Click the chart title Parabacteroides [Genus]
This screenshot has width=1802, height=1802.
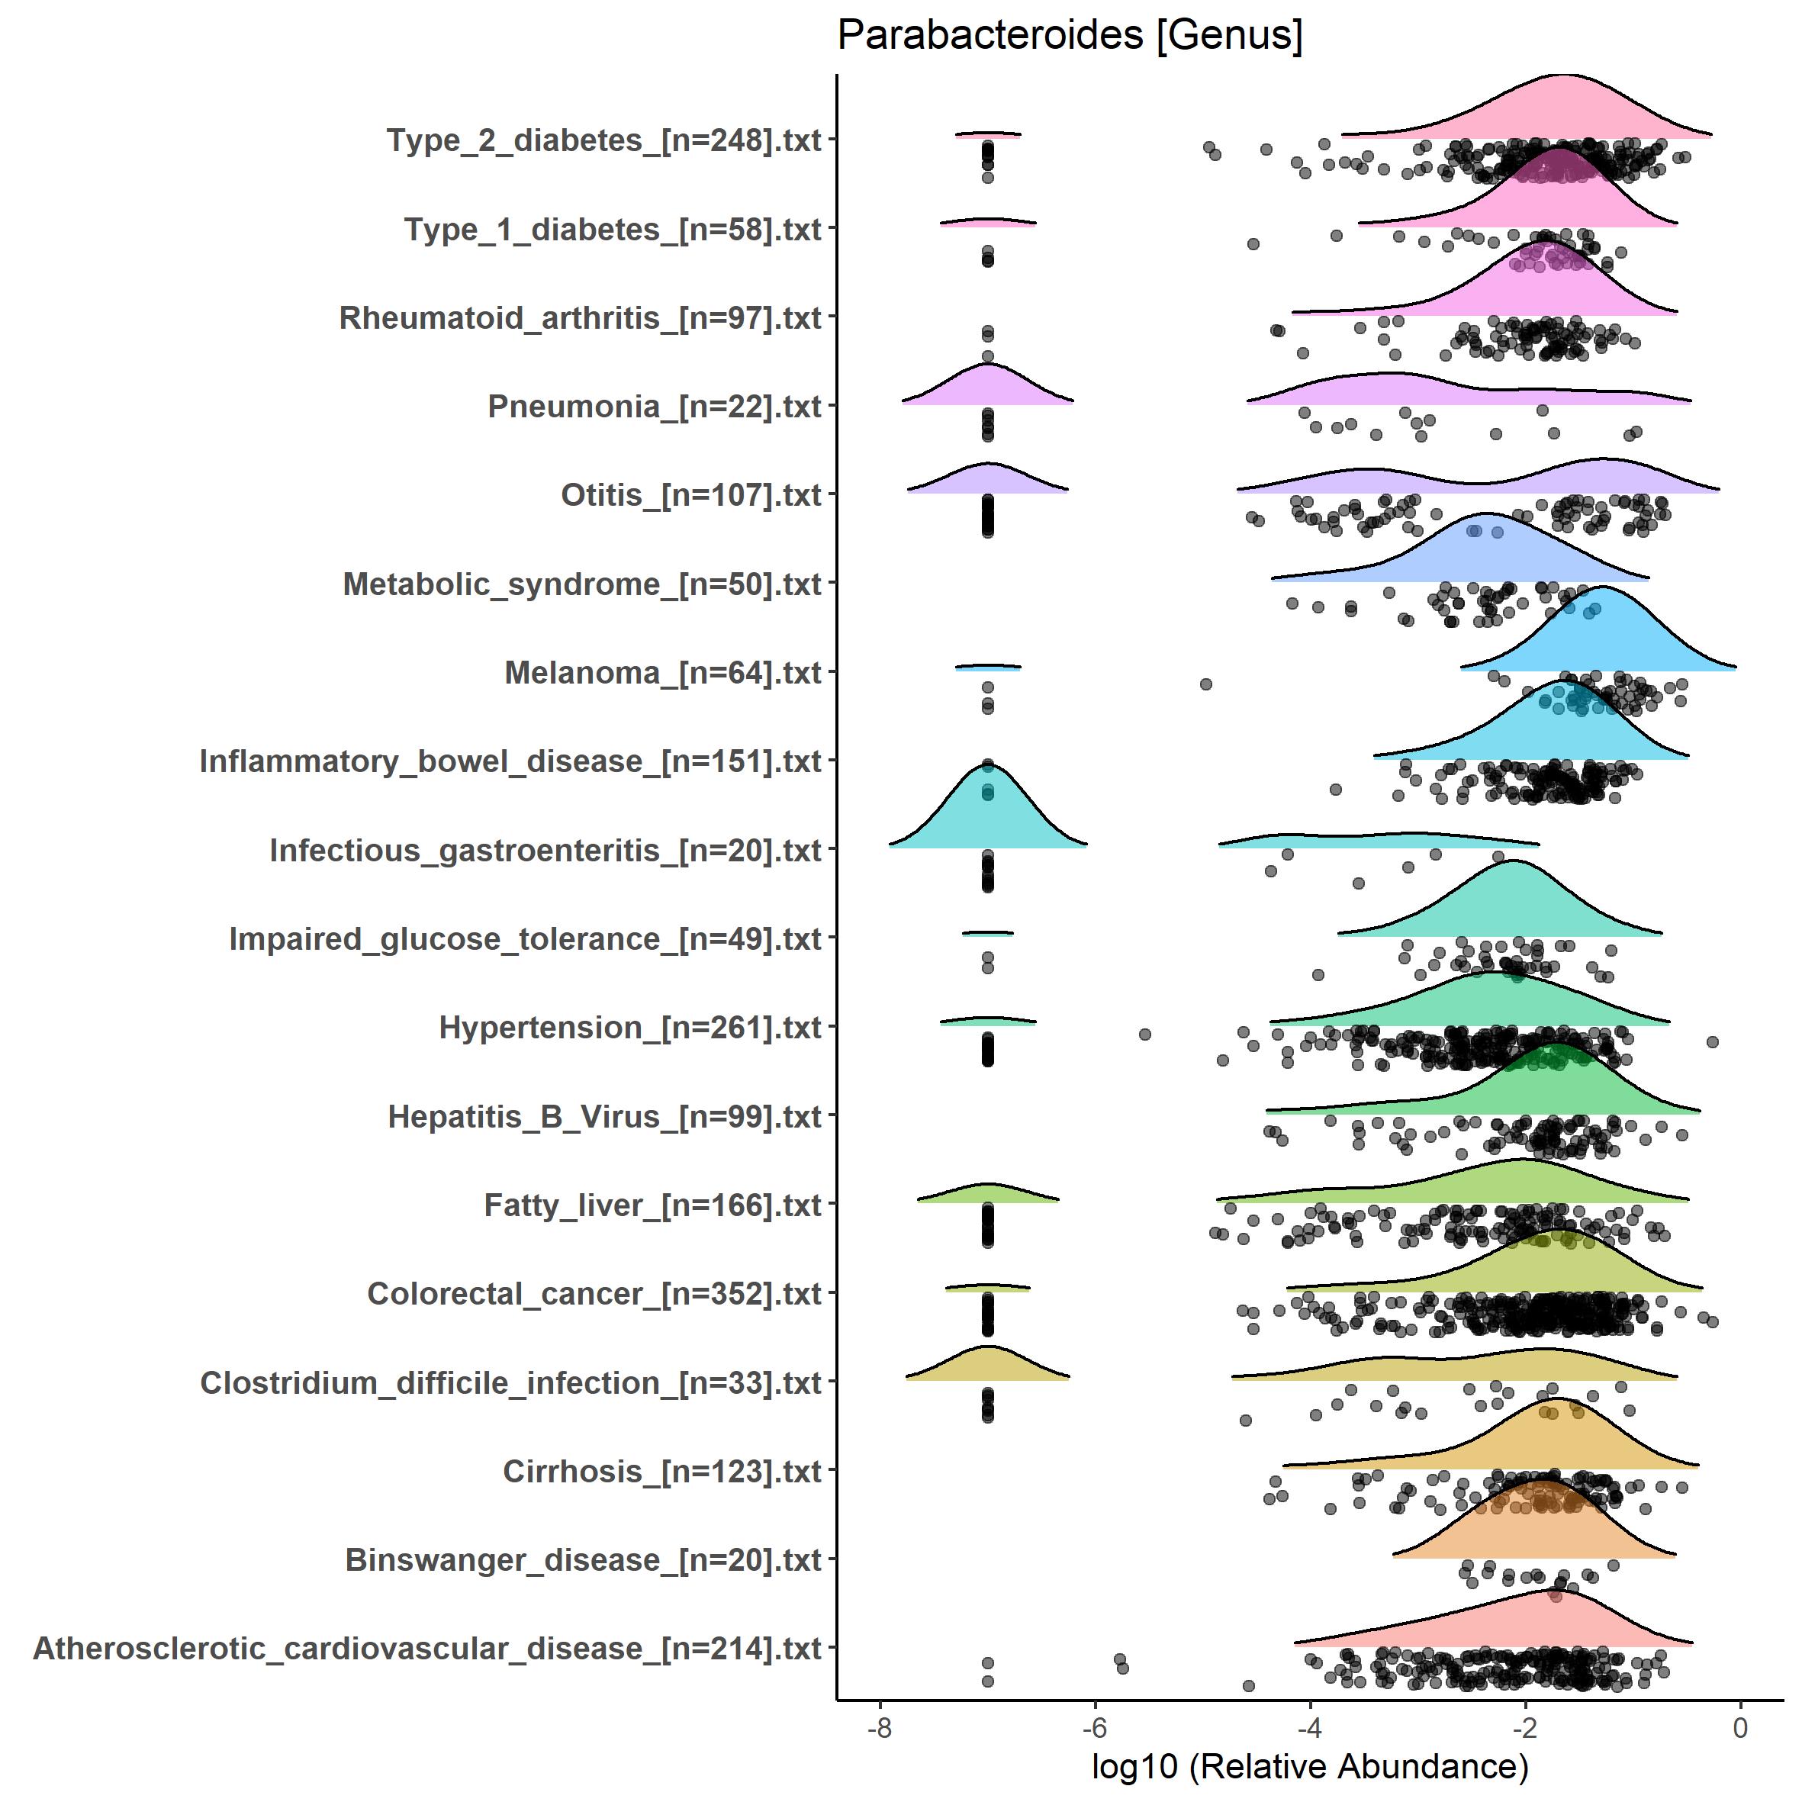click(x=1069, y=37)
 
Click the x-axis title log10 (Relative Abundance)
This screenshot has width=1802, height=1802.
click(x=1309, y=1765)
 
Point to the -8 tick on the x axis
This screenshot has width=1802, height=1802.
click(x=879, y=1727)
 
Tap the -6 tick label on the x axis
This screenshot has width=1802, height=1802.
click(x=1094, y=1727)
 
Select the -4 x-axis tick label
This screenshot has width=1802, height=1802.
click(x=1309, y=1727)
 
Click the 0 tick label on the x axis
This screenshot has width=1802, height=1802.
click(x=1739, y=1727)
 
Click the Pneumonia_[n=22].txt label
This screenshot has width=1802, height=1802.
click(x=654, y=407)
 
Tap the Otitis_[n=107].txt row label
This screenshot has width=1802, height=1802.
click(x=690, y=495)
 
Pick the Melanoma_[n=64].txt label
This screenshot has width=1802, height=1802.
click(x=662, y=672)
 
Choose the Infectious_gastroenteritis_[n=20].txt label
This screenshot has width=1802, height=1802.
click(x=545, y=851)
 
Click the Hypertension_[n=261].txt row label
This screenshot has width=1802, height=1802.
click(x=629, y=1028)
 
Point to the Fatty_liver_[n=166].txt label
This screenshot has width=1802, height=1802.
click(x=652, y=1205)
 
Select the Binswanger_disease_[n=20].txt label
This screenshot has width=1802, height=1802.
click(x=583, y=1559)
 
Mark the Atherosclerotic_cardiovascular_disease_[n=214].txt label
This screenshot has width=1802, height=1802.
click(x=427, y=1648)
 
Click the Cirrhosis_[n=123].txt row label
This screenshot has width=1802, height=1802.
click(x=661, y=1471)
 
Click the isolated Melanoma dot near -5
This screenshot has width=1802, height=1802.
click(x=1206, y=684)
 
